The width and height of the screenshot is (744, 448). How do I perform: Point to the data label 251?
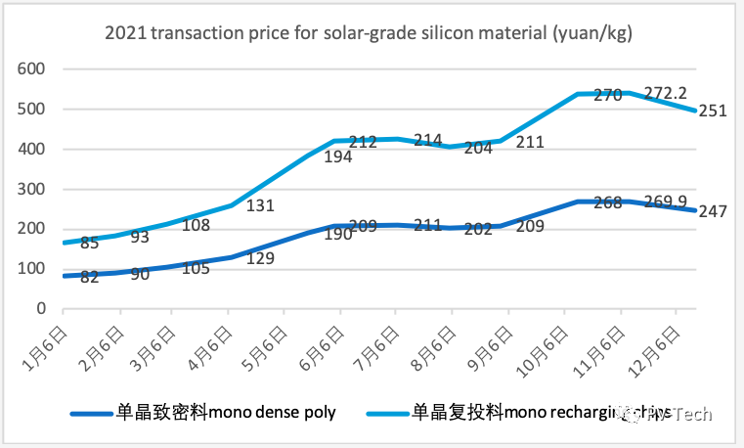pyautogui.click(x=711, y=111)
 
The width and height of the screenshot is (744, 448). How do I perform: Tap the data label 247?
pyautogui.click(x=711, y=211)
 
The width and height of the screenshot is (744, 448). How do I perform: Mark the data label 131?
pyautogui.click(x=259, y=206)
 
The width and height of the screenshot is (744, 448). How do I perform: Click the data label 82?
pyautogui.click(x=90, y=278)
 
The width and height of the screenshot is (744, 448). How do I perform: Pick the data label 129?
pyautogui.click(x=259, y=258)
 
